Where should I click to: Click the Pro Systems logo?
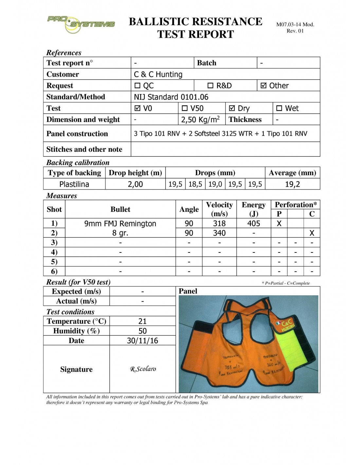point(81,24)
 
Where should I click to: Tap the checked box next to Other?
point(263,86)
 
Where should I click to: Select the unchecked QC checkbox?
point(137,86)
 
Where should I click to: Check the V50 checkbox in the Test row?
point(185,108)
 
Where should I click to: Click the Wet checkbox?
point(279,108)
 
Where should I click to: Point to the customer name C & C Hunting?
point(158,75)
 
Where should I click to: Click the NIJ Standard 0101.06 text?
point(171,97)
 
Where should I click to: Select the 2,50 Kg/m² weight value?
point(200,120)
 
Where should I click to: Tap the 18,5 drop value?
point(195,184)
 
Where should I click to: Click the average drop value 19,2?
point(292,184)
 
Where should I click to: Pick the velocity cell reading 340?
point(219,233)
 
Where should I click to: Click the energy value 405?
point(254,224)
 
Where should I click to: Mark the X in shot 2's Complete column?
point(312,233)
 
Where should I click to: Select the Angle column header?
point(189,209)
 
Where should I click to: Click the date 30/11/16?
point(142,341)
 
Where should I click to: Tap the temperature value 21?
point(142,321)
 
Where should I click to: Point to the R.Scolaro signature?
point(143,369)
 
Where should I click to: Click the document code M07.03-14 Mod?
point(295,25)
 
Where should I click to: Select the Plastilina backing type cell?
point(74,184)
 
